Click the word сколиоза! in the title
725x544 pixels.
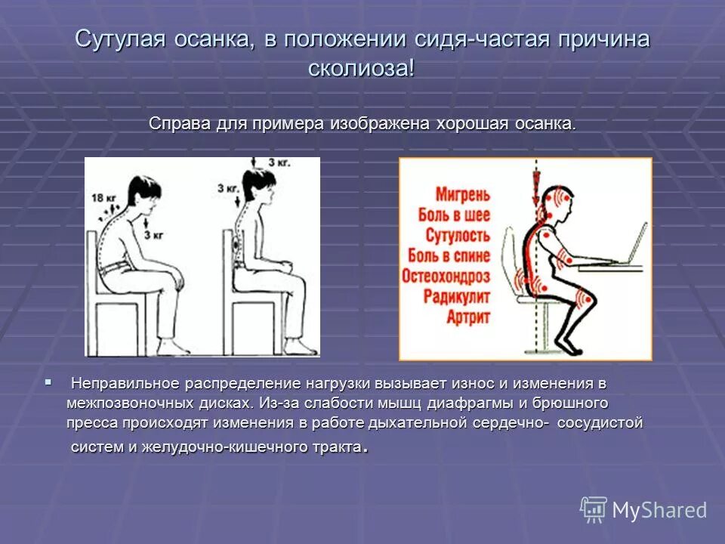click(x=362, y=68)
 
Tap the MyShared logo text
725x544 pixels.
click(x=659, y=510)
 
